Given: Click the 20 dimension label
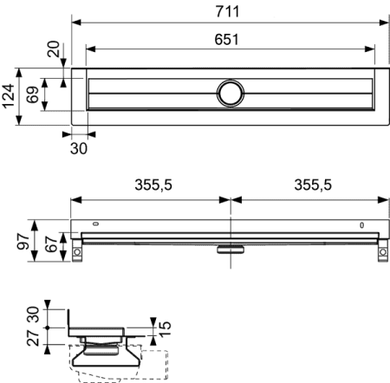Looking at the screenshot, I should [x=55, y=49].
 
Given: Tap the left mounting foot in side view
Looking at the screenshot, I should [x=76, y=254].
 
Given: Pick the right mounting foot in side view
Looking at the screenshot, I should [x=382, y=254].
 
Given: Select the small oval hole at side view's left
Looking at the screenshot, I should [x=96, y=226].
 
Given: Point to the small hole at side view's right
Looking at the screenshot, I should [x=362, y=226].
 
